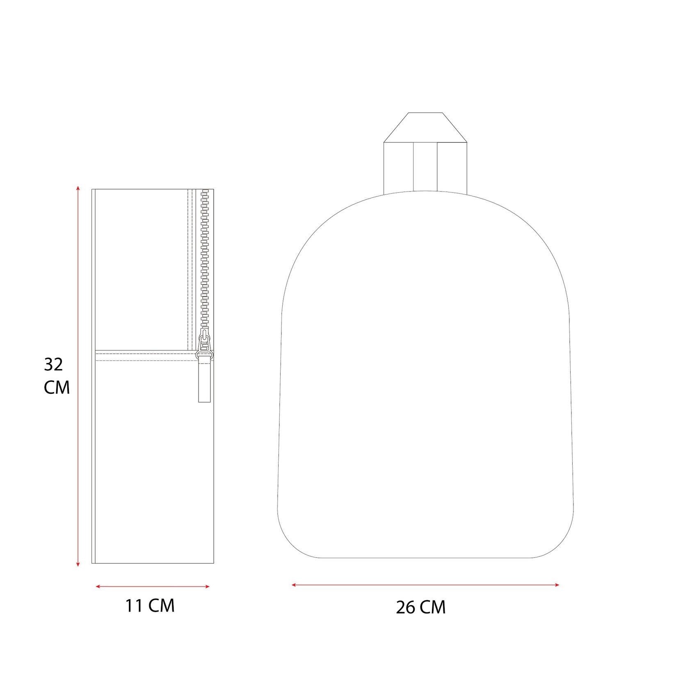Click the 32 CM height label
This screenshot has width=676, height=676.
click(x=57, y=376)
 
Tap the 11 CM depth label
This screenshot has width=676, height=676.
click(x=150, y=606)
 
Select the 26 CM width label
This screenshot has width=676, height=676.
click(x=420, y=607)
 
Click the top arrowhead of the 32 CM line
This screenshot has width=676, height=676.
click(x=78, y=188)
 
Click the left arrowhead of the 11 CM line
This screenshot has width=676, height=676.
click(x=98, y=587)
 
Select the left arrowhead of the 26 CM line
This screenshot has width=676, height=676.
click(x=294, y=585)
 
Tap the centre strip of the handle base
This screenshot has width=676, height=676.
click(x=425, y=167)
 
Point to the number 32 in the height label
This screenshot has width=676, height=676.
click(x=54, y=364)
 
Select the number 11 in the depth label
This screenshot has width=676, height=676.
click(x=134, y=606)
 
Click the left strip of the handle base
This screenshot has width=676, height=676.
click(x=398, y=167)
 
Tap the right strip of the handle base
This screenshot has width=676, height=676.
click(x=452, y=167)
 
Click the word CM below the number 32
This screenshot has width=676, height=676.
click(x=57, y=387)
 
